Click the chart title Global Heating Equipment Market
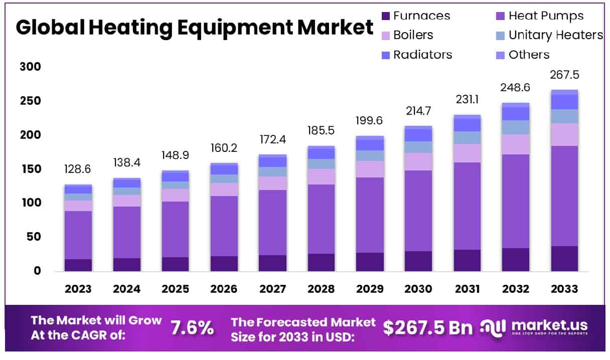click(195, 27)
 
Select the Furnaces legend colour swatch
click(386, 16)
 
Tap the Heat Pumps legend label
click(546, 16)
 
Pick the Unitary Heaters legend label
click(555, 35)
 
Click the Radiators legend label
click(422, 55)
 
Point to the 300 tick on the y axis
click(30, 67)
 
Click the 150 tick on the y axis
click(30, 169)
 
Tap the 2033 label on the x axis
click(564, 289)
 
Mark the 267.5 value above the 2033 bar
click(564, 75)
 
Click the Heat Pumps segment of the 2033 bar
click(564, 196)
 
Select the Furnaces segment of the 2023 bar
click(78, 265)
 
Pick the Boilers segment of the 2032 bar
click(516, 144)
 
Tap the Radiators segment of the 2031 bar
click(467, 125)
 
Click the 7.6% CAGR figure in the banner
click(192, 328)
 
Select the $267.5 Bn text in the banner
click(428, 328)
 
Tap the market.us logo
click(534, 328)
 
